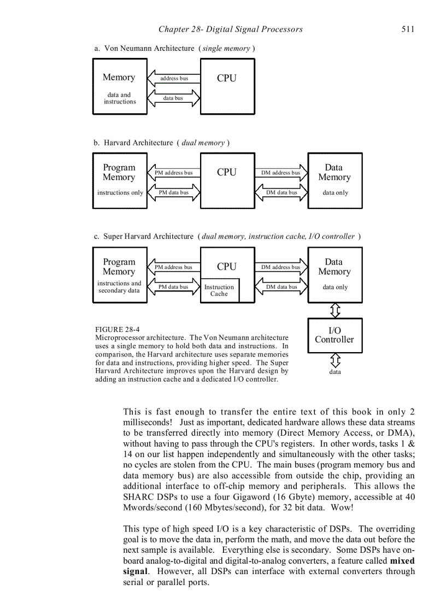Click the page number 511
(408, 29)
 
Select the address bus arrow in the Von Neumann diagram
(174, 78)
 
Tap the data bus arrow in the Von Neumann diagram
(174, 98)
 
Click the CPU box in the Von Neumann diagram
(227, 87)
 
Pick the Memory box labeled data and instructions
(120, 87)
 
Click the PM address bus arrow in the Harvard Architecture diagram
(174, 173)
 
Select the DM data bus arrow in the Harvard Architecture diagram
(281, 192)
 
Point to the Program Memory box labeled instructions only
(120, 181)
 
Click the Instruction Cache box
(219, 290)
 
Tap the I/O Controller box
(334, 335)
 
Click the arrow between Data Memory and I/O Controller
(335, 311)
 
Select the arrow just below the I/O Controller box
(335, 360)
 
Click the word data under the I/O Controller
(335, 372)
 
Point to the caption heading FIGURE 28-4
(117, 330)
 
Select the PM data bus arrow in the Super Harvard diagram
(174, 287)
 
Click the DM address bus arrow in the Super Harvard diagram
(281, 267)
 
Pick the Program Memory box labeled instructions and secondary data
(120, 275)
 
